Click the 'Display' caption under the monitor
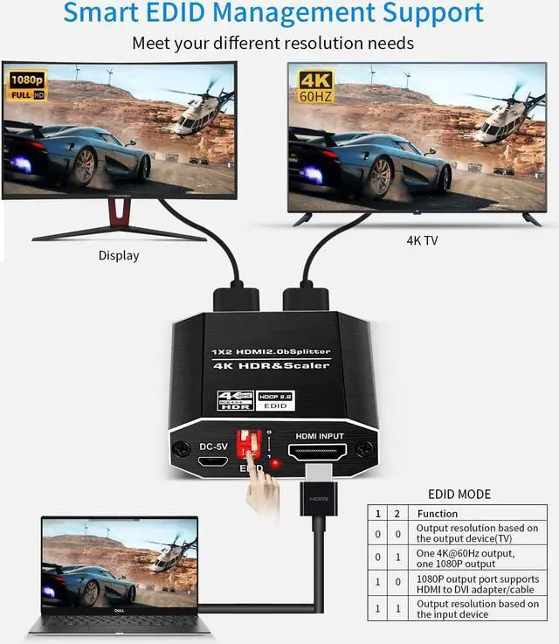[118, 256]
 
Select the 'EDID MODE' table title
[459, 494]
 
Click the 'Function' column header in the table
[438, 514]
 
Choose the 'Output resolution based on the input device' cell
[477, 609]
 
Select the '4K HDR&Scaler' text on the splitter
[271, 365]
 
